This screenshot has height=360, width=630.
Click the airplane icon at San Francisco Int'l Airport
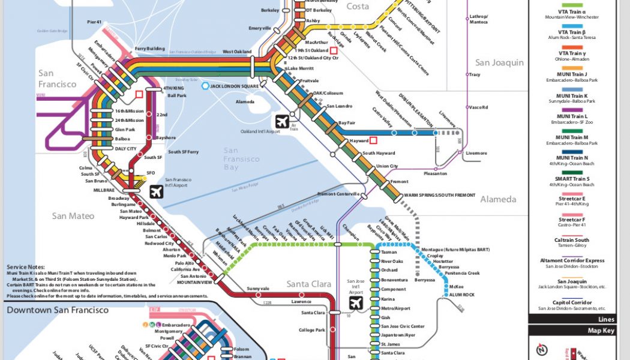pos(157,191)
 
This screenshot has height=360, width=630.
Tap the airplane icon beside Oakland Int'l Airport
pos(282,121)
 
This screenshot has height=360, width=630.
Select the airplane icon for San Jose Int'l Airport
pos(356,302)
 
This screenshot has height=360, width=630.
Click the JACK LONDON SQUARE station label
pos(234,86)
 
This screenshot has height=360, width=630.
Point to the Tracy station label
pos(474,75)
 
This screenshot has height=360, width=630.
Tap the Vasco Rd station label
pos(478,107)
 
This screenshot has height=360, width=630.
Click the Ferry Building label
pos(149,48)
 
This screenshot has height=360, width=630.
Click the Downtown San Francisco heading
pos(58,310)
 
